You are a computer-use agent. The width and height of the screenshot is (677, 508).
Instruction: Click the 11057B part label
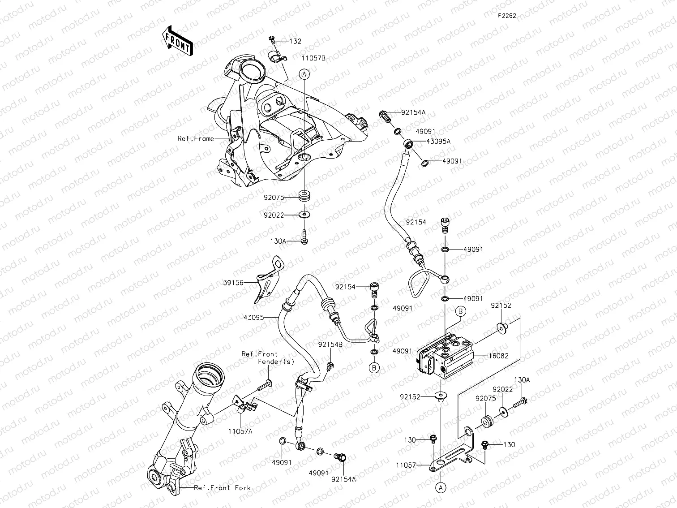coord(313,58)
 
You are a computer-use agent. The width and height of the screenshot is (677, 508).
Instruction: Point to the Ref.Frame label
coord(196,139)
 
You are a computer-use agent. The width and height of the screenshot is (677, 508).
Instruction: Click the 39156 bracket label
coord(233,283)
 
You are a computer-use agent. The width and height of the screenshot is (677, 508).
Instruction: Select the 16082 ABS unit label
coord(486,356)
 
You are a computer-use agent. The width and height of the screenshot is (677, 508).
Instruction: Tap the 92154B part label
coord(330,344)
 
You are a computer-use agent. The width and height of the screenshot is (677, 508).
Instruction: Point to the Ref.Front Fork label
coord(222,488)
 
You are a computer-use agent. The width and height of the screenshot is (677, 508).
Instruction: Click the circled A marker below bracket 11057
coord(441,487)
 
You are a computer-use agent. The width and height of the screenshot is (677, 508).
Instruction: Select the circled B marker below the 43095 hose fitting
coord(374,368)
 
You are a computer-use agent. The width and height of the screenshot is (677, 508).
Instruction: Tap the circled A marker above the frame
coord(304,74)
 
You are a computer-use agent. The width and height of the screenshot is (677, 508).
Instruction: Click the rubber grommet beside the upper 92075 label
coord(305,196)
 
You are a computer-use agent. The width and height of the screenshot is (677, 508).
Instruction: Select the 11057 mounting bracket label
coord(406,465)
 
